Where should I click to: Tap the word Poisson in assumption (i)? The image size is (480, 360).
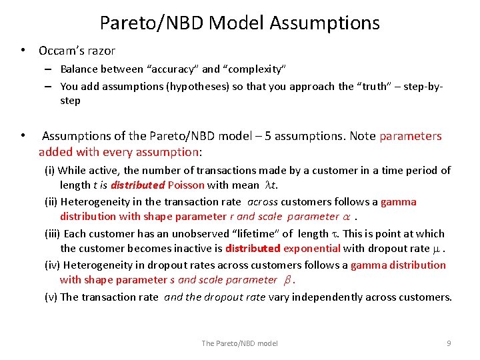tap(186, 185)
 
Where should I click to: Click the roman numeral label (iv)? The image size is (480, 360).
tap(51, 265)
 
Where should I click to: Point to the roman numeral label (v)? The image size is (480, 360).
tap(51, 297)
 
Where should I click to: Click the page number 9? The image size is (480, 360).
tap(449, 343)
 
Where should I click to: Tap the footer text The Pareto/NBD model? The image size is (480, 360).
tap(239, 343)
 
